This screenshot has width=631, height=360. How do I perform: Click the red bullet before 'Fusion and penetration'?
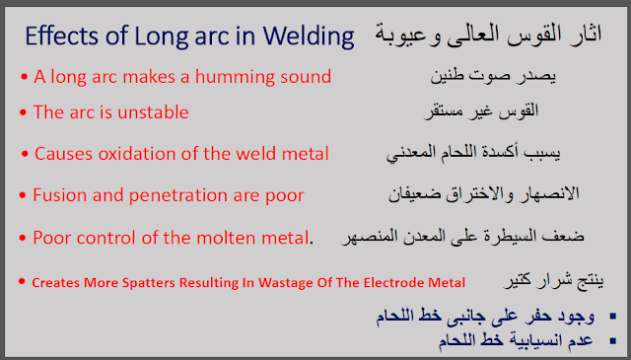23,195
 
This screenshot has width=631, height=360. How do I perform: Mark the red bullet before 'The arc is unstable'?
23,112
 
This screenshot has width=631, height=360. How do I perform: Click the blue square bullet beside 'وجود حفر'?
613,316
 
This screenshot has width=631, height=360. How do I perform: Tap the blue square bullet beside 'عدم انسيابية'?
613,341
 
